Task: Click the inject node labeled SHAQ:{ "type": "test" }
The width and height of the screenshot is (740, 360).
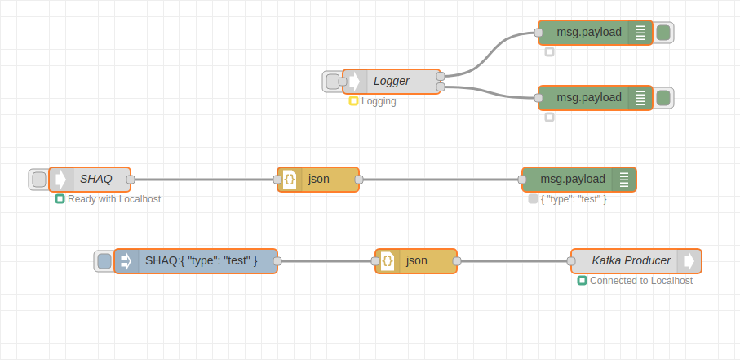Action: (x=200, y=261)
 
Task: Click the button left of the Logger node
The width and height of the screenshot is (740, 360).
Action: (x=332, y=82)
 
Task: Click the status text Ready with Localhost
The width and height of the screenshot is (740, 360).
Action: (x=113, y=199)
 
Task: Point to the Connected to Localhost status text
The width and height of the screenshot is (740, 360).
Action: (x=640, y=281)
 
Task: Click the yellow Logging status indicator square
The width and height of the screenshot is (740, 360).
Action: (x=353, y=101)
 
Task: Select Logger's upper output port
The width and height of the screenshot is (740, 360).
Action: (x=441, y=76)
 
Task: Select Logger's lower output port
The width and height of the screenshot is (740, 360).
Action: (x=441, y=87)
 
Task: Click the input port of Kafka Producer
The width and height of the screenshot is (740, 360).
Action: (x=571, y=261)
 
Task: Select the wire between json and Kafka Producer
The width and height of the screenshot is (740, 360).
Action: (x=514, y=261)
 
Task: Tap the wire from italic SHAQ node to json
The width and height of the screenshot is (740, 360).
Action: (x=204, y=180)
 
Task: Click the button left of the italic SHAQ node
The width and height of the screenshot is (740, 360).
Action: (x=38, y=180)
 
